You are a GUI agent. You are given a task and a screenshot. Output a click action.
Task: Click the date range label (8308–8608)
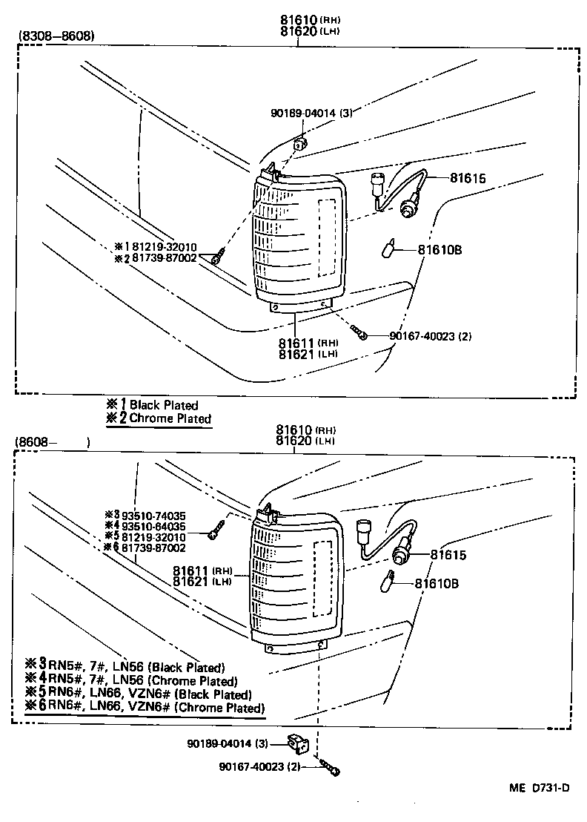[56, 35]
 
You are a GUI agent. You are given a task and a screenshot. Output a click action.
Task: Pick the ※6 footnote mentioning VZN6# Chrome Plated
[145, 707]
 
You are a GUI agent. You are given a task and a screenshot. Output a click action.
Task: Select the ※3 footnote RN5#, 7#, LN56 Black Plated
[125, 667]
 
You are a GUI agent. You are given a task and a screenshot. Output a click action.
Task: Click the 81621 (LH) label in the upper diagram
[308, 354]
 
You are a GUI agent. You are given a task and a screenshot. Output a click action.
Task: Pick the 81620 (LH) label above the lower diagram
[306, 441]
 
